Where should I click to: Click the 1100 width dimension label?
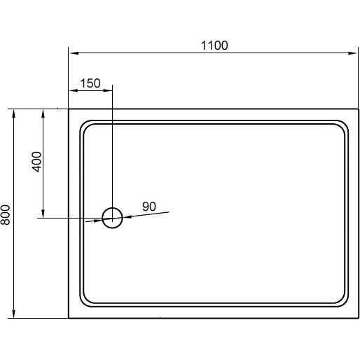pos(214,46)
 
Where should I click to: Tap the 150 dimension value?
pos(90,83)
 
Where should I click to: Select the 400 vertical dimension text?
pos(36,162)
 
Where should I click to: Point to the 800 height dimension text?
pos(5,215)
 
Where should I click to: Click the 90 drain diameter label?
pos(149,207)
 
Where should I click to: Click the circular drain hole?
pos(113,208)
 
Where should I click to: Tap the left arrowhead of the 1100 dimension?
pos(74,53)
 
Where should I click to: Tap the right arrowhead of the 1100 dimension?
pos(352,53)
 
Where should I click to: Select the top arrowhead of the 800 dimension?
pos(14,113)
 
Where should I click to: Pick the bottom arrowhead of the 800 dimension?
pos(14,314)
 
